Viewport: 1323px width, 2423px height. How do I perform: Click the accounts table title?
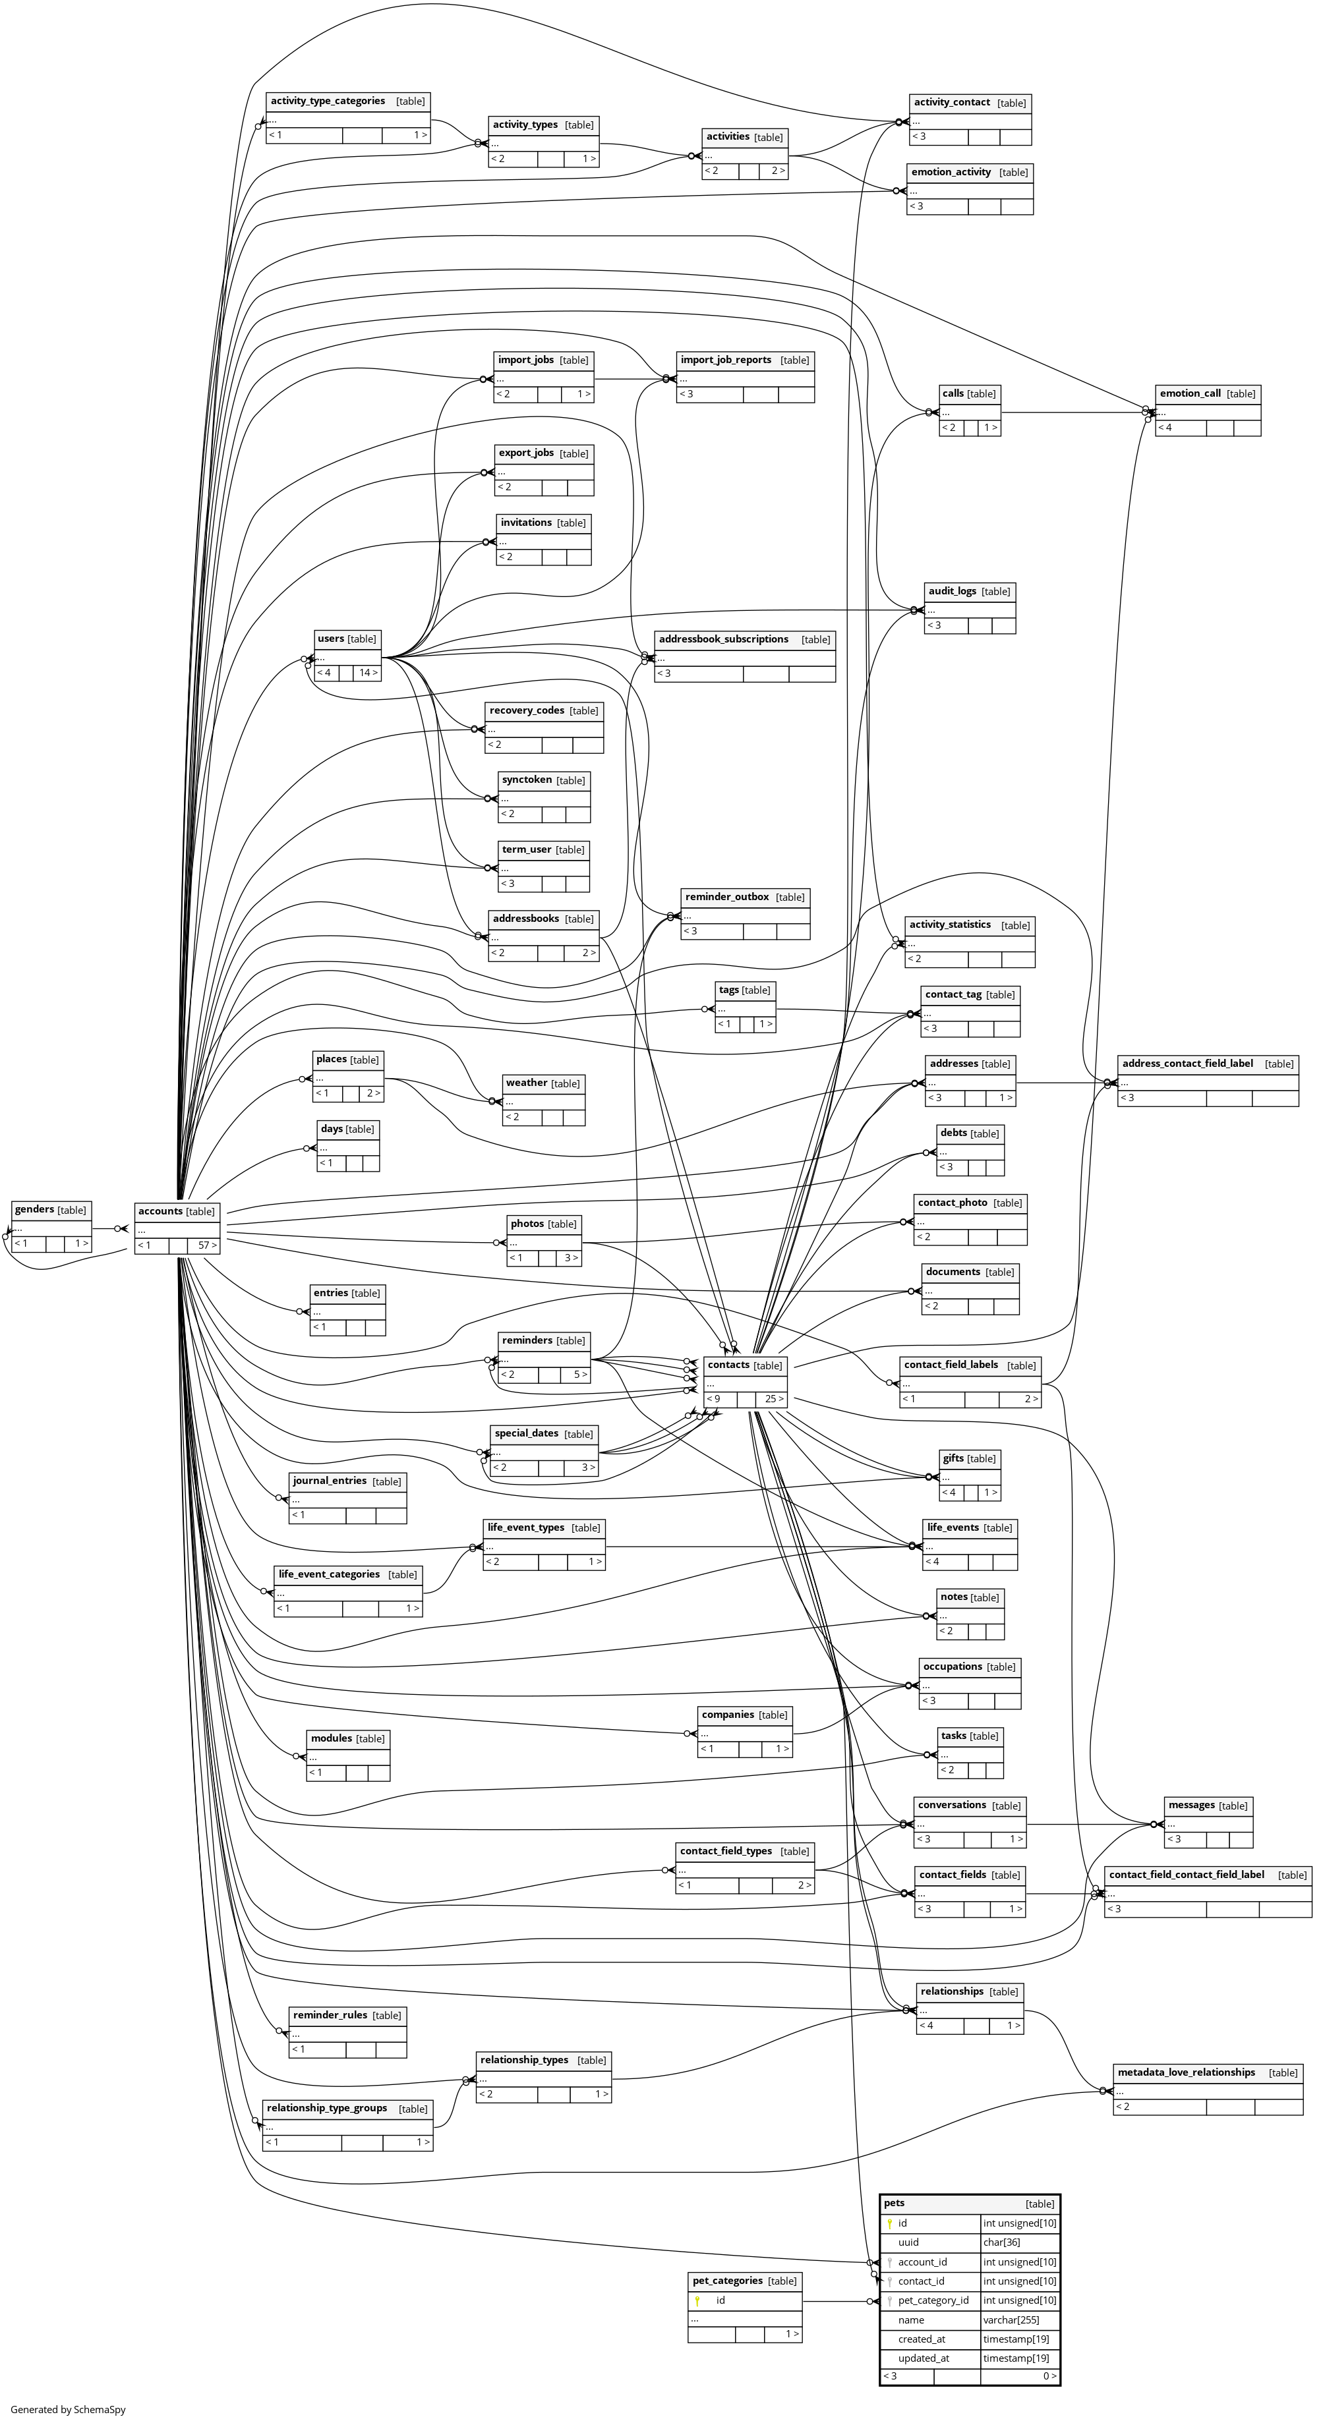[161, 1211]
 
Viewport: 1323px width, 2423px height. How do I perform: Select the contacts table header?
[729, 1365]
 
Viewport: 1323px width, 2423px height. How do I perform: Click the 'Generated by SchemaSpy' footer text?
[68, 2409]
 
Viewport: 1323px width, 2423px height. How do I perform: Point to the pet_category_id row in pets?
[931, 2300]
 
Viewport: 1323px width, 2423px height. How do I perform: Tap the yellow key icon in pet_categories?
[697, 2300]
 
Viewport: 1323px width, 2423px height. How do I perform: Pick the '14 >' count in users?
[368, 673]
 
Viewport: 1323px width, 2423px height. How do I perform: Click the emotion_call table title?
[1191, 393]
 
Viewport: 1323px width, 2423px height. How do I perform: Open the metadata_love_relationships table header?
[1186, 2072]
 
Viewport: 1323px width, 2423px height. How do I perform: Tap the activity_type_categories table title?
[328, 101]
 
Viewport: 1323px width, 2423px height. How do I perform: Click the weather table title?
[526, 1083]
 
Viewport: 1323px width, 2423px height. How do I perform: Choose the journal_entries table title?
[330, 1481]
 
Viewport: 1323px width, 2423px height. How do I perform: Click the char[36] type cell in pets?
[1001, 2242]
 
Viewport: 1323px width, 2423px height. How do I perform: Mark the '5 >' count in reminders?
[579, 1374]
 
